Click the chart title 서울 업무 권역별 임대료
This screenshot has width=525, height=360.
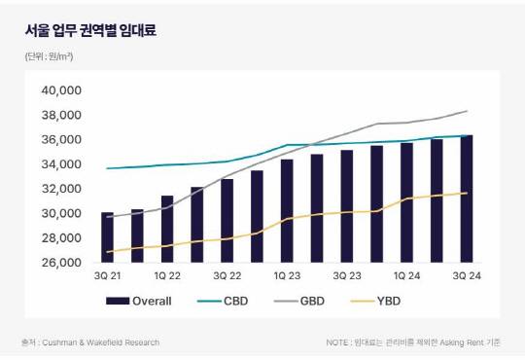[x=89, y=30]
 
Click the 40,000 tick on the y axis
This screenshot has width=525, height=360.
[x=62, y=90]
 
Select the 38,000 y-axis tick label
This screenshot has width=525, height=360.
[x=62, y=115]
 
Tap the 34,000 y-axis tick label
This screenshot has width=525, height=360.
[x=62, y=164]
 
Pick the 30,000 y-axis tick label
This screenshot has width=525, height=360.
[x=62, y=213]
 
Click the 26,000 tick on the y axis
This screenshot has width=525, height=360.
[x=62, y=262]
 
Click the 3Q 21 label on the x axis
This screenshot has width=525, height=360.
[x=107, y=277]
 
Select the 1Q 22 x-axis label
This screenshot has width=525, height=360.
[x=167, y=277]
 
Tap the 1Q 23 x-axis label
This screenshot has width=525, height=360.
[x=287, y=277]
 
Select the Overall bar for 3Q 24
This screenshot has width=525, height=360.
[x=468, y=198]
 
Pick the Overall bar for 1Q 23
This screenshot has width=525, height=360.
[x=287, y=210]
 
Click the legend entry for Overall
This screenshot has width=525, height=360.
[x=138, y=301]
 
